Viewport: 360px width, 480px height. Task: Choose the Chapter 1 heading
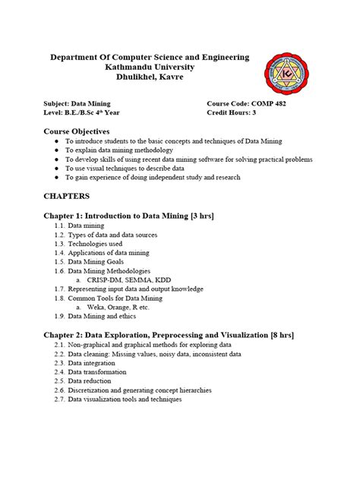tap(130, 216)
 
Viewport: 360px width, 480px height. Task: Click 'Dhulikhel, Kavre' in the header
tap(149, 78)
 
